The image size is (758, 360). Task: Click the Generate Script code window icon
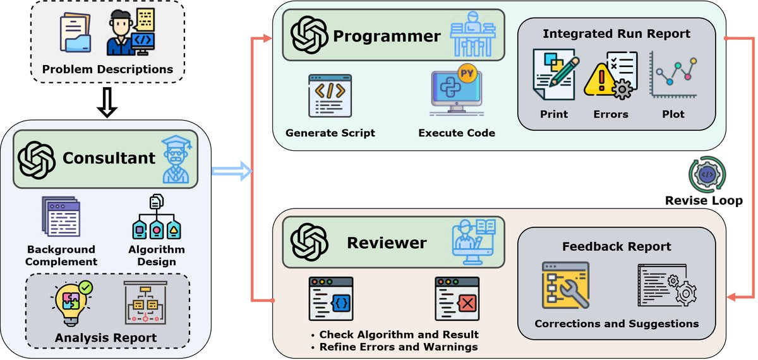pos(330,96)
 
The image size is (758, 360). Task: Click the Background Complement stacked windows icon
pos(61,216)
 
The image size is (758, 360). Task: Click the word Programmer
pos(387,36)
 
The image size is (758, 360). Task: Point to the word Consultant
pos(109,157)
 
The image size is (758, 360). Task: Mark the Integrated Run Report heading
pos(617,33)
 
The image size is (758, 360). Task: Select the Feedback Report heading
pos(617,246)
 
